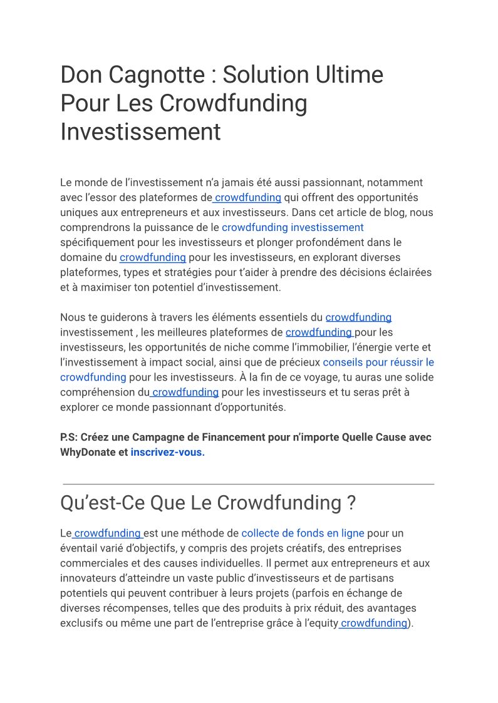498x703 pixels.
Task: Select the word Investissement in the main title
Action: click(140, 132)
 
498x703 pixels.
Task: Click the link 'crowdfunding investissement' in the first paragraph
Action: click(293, 227)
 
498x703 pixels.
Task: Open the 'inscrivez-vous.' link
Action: click(167, 452)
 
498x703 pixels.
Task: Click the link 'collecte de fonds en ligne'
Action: click(303, 533)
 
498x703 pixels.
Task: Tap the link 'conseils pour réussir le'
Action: click(378, 362)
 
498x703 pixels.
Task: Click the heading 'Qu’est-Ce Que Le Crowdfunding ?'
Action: click(208, 503)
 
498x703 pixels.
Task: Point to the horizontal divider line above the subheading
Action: click(248, 484)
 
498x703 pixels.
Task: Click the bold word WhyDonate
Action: click(88, 452)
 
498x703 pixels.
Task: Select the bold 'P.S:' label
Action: click(69, 437)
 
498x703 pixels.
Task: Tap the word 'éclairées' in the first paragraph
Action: click(410, 272)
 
